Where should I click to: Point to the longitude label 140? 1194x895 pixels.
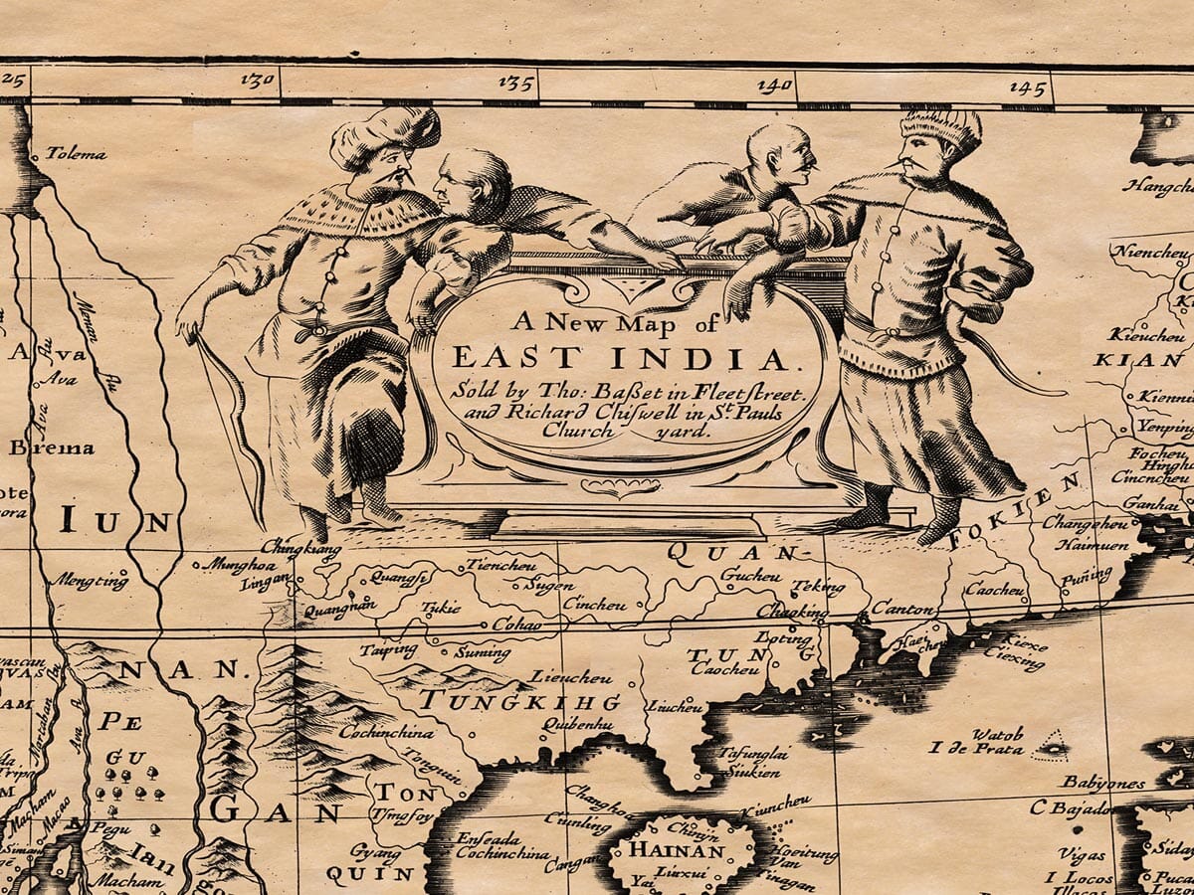pyautogui.click(x=774, y=86)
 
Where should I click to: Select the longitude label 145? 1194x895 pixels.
pyautogui.click(x=1028, y=88)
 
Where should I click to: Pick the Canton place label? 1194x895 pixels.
pyautogui.click(x=902, y=609)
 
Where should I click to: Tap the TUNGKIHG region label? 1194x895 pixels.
pyautogui.click(x=518, y=701)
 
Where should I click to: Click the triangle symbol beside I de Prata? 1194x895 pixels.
pyautogui.click(x=1049, y=743)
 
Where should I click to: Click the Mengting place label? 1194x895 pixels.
pyautogui.click(x=91, y=581)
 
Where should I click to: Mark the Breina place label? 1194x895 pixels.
pyautogui.click(x=52, y=447)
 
